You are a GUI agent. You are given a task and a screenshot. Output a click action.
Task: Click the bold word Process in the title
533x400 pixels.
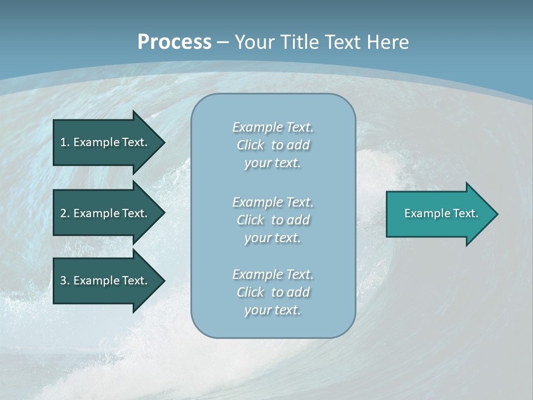[174, 42]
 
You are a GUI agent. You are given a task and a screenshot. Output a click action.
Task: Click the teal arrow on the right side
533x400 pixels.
[439, 213]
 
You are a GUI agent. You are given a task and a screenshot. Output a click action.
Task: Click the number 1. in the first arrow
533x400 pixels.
[65, 142]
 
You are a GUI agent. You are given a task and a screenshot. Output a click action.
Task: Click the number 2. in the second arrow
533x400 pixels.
[65, 213]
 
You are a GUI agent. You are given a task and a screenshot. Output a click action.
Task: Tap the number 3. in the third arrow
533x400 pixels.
[65, 281]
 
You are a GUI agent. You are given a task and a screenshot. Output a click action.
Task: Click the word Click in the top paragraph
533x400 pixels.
[250, 145]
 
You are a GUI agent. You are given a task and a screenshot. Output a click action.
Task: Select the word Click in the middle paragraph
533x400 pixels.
[250, 220]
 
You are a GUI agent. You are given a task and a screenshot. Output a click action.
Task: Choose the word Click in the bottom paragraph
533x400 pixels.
[250, 292]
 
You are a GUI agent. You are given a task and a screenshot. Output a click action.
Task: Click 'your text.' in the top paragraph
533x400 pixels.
[273, 163]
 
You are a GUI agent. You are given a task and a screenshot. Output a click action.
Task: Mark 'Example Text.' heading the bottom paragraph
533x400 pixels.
[273, 274]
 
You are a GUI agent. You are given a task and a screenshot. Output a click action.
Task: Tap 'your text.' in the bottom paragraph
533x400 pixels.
[273, 311]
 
